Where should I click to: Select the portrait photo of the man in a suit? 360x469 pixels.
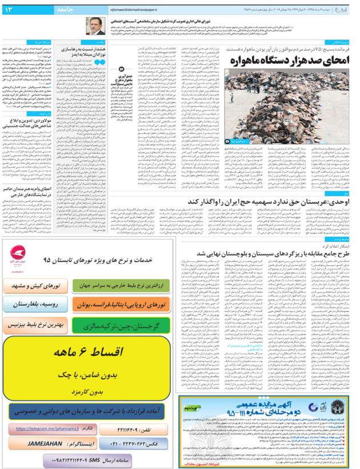click(95, 26)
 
